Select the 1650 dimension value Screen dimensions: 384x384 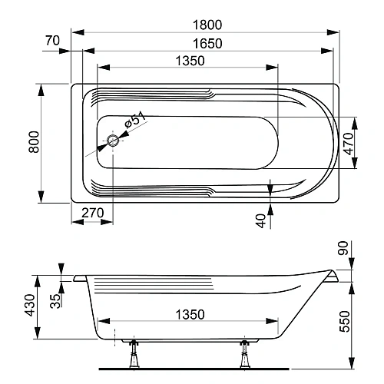coord(208,44)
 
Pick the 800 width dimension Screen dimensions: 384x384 coord(33,144)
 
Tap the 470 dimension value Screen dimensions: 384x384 coord(348,144)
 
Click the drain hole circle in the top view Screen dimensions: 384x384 coord(113,141)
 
